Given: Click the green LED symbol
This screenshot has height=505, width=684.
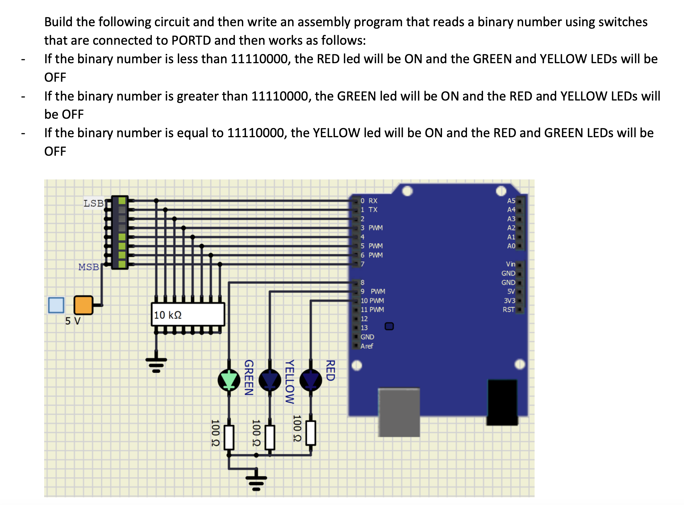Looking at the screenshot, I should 229,380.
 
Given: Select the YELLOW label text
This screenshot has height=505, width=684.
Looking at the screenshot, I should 289,381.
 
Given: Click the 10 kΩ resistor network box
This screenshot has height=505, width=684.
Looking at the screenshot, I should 188,314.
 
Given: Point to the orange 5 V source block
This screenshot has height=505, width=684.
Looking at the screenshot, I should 83,305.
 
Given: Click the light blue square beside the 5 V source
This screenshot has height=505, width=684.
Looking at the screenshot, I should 56,305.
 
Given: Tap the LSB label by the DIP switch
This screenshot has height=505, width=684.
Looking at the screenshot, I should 93,203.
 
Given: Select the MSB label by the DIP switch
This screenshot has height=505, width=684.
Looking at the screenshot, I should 89,267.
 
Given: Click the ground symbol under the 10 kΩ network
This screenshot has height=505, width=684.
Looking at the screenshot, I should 156,364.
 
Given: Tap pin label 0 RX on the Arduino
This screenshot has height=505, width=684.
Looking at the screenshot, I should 369,201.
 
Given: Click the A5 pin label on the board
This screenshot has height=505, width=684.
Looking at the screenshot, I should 511,201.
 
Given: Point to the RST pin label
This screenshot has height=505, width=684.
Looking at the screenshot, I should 508,310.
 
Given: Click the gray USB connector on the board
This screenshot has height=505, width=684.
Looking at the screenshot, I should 399,412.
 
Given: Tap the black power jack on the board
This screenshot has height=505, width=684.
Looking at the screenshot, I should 502,402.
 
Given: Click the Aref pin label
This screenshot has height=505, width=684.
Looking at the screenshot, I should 367,346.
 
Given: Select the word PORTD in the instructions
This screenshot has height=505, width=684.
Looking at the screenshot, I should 191,40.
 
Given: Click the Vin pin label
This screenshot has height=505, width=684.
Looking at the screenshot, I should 510,264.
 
